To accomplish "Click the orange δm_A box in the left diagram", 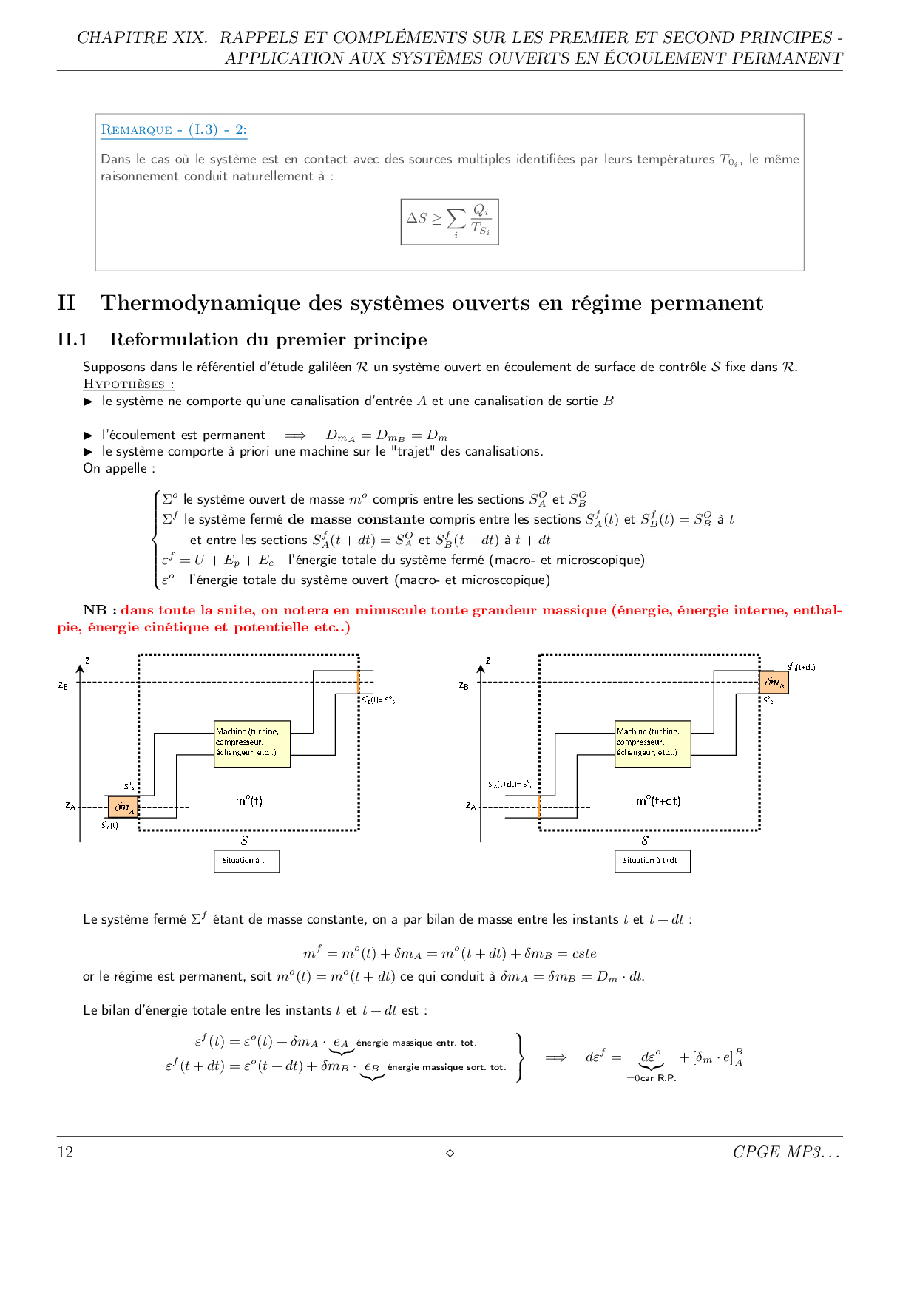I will coord(123,807).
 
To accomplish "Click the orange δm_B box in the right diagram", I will coord(774,682).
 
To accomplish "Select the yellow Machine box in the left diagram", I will coord(251,743).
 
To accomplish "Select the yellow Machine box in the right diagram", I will coord(652,743).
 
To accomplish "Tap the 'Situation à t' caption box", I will coord(246,861).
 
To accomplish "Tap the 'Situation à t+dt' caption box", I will coord(652,861).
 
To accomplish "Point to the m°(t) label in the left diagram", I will coord(248,801).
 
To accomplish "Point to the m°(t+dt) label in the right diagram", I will coord(657,801).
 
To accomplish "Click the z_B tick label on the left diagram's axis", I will coord(64,685).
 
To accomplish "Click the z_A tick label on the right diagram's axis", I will coord(470,805).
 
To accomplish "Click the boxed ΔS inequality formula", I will coord(450,221).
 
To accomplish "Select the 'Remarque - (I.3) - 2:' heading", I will coord(174,130).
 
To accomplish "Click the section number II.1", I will coord(72,339).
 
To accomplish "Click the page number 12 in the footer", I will coord(65,1152).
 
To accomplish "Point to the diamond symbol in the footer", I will coord(450,1153).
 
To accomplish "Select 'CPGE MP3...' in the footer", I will coord(786,1152).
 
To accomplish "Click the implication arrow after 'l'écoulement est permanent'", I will coord(295,436).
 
